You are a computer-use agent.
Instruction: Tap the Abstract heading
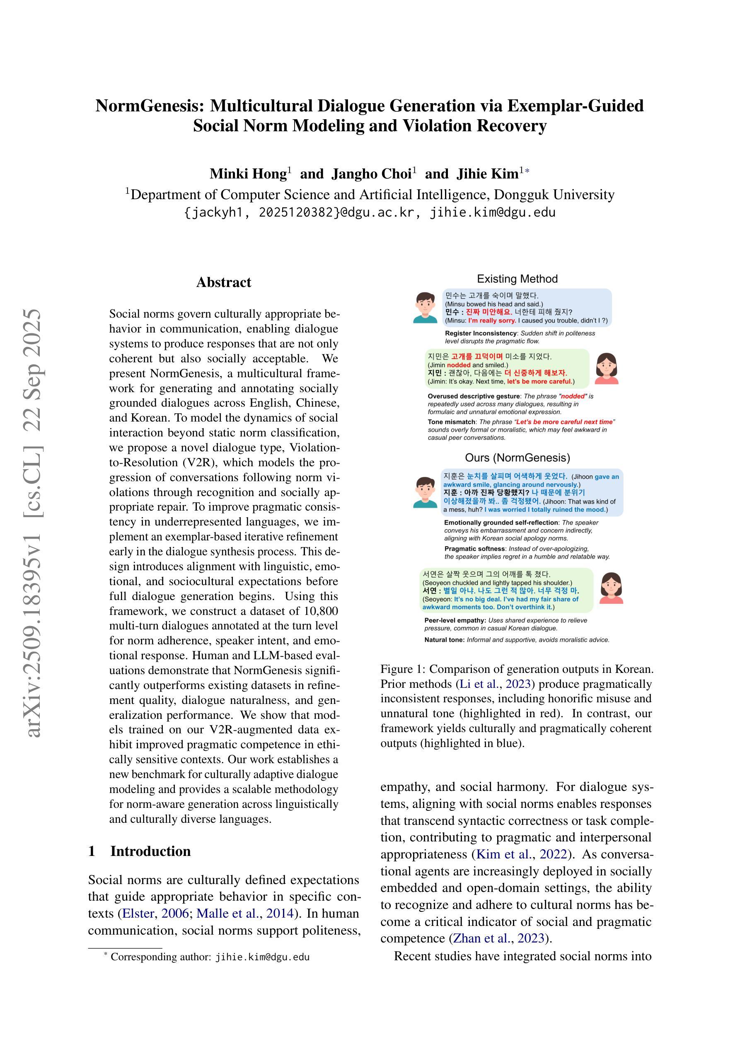tap(223, 282)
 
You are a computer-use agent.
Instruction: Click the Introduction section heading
tap(150, 851)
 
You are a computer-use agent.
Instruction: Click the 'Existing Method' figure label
tap(517, 279)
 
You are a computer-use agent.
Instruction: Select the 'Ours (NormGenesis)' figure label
tap(517, 458)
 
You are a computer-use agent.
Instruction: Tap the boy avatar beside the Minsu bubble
tap(425, 308)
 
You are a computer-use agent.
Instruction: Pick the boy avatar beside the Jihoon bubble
tap(425, 492)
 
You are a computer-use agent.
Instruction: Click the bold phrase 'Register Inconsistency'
tap(480, 333)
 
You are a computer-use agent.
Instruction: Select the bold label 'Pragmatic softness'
tap(475, 549)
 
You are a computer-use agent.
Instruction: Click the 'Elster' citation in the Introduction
tap(140, 913)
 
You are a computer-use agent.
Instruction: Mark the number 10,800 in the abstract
tap(322, 611)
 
